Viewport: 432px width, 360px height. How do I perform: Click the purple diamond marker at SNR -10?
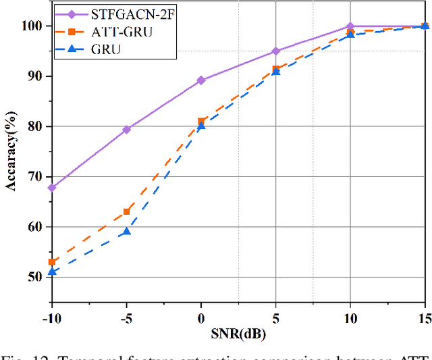click(x=52, y=187)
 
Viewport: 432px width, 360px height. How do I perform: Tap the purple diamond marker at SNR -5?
click(x=126, y=129)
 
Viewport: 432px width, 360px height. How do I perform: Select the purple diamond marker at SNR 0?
click(x=201, y=80)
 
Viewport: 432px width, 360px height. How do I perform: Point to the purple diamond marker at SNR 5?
click(x=275, y=51)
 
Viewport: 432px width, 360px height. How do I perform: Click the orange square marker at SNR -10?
click(x=52, y=262)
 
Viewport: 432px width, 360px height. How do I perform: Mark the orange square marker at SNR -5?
click(x=126, y=211)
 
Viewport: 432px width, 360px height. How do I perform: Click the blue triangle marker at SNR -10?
click(x=52, y=272)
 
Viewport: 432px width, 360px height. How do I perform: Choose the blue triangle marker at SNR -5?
click(x=126, y=232)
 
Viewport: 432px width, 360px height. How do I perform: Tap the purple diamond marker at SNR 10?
click(x=350, y=26)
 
